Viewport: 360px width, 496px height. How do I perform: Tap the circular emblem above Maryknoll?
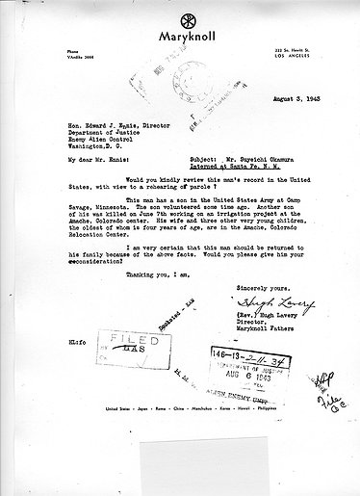point(180,14)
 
